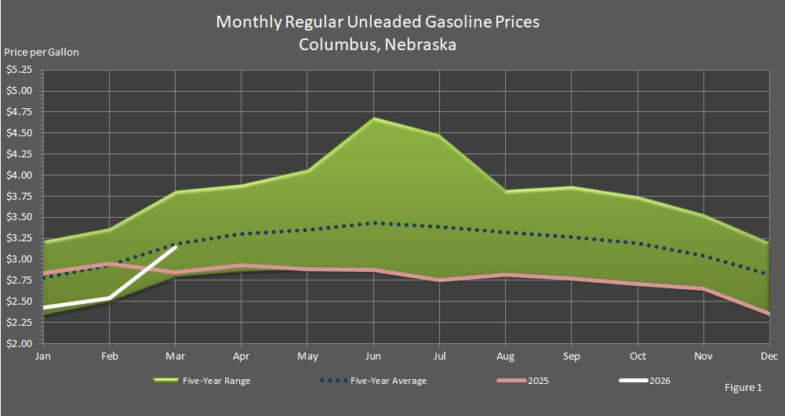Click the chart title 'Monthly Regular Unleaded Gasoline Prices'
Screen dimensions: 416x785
(x=377, y=22)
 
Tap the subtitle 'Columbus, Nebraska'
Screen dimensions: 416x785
(x=377, y=44)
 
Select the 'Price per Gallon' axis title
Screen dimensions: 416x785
(x=42, y=52)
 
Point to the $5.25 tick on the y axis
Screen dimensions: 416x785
(x=19, y=70)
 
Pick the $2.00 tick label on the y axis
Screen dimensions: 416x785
(x=19, y=344)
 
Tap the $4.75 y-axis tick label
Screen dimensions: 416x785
(x=19, y=111)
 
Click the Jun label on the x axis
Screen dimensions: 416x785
(x=374, y=356)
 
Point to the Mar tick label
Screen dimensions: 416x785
(x=176, y=356)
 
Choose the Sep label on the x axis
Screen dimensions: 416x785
(x=572, y=356)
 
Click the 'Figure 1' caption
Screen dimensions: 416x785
(x=743, y=387)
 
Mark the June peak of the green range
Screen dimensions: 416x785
(x=374, y=119)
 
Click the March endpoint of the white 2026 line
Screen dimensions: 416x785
(x=176, y=246)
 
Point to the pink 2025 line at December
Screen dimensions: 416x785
(x=769, y=313)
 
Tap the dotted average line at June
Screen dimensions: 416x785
(x=374, y=223)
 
